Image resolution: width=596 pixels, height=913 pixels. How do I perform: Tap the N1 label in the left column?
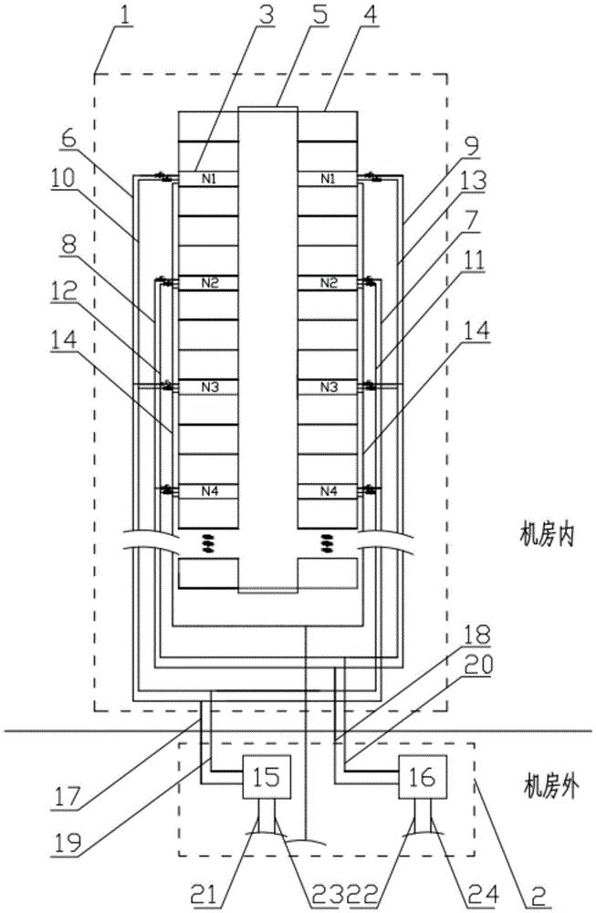pos(207,177)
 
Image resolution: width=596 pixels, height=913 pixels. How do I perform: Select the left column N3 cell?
pos(207,387)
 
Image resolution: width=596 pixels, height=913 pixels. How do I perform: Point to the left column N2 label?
pos(207,283)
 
